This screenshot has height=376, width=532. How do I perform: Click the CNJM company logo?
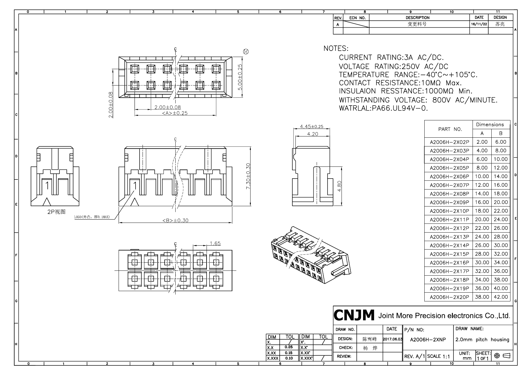point(354,316)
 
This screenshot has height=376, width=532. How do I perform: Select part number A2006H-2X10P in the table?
point(449,211)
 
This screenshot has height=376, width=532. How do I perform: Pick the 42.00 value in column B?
point(500,297)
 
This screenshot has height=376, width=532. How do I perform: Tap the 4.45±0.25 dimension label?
point(311,126)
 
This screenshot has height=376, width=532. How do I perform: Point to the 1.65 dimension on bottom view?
point(215,243)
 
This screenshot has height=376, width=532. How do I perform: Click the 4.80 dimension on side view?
point(339,186)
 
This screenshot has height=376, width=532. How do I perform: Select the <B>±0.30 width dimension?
point(175,220)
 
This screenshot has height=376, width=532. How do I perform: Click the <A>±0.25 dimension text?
point(175,113)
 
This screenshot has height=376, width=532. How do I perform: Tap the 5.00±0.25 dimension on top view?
point(240,77)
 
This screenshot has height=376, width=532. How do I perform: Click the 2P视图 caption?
point(56,212)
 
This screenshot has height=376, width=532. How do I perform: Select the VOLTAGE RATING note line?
point(393,66)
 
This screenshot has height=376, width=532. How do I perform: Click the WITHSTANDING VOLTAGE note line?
point(418,100)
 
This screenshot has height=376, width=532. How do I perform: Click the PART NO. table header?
point(450,129)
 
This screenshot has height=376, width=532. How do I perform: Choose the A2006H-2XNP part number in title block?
point(428,340)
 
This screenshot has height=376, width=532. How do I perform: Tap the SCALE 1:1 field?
point(438,356)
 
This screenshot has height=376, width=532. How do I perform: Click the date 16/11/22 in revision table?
point(479,24)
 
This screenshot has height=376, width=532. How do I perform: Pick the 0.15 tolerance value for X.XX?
point(289,353)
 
